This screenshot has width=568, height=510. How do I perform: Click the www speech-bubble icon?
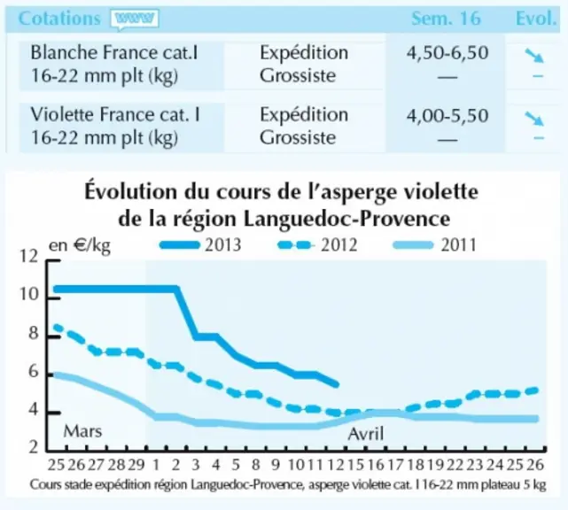click(135, 19)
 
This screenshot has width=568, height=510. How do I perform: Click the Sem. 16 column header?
click(446, 18)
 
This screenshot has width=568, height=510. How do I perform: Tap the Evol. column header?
click(536, 18)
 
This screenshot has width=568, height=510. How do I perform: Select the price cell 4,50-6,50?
click(447, 53)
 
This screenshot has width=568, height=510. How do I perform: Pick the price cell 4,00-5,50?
click(447, 116)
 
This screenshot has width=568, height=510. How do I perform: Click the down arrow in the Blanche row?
click(534, 56)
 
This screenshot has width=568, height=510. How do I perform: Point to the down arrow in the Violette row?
click(534, 119)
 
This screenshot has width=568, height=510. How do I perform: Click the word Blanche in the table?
click(65, 52)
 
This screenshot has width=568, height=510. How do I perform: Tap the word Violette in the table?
click(63, 115)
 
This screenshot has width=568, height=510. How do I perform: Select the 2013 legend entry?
click(200, 245)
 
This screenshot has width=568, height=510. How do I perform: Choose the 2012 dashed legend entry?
click(318, 245)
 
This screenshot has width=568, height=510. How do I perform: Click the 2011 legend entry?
click(435, 245)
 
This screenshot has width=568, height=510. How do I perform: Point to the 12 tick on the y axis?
click(28, 256)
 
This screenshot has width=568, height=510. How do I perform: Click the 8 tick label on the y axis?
click(34, 334)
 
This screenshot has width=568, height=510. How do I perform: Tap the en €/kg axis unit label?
click(80, 245)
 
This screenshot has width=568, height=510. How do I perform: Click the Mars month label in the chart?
click(82, 430)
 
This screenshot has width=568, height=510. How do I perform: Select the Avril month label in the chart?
click(365, 433)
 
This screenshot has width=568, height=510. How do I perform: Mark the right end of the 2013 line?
click(337, 384)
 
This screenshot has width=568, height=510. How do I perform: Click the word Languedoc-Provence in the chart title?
click(346, 219)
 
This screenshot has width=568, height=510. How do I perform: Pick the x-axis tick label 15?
click(355, 464)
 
